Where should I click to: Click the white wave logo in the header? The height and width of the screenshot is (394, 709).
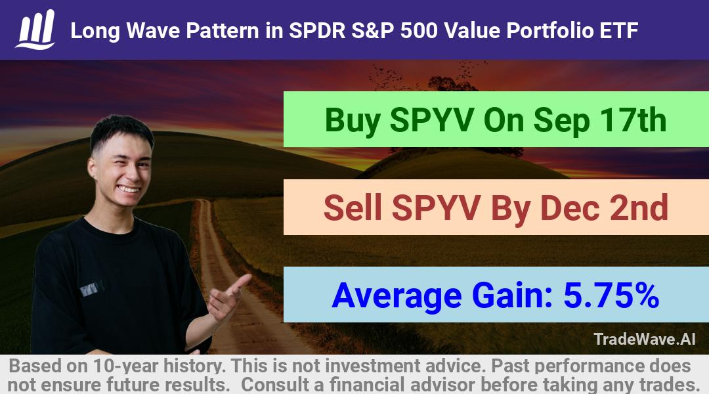point(35,30)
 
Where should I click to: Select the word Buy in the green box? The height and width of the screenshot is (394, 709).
point(353,121)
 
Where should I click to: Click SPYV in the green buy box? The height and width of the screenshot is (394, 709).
point(432,120)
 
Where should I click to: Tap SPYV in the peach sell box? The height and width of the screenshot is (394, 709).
point(436,208)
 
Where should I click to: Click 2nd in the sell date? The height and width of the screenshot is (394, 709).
point(639,208)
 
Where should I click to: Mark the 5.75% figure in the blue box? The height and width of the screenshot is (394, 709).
point(611,295)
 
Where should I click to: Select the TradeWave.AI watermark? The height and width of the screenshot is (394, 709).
point(645,339)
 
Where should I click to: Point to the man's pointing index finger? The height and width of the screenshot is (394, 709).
point(240,283)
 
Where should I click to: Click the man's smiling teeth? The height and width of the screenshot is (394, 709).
point(129,189)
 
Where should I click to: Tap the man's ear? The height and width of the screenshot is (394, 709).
point(93,167)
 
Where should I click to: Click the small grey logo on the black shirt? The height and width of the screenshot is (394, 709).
point(91,288)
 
